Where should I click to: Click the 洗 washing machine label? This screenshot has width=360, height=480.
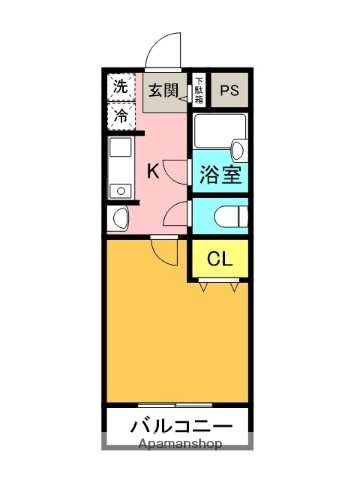pyautogui.click(x=121, y=87)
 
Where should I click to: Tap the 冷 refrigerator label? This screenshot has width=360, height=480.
pyautogui.click(x=121, y=116)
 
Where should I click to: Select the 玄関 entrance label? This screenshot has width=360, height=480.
pyautogui.click(x=164, y=90)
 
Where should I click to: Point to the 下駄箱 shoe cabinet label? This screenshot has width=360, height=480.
pyautogui.click(x=199, y=89)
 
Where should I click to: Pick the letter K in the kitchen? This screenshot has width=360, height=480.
pyautogui.click(x=153, y=170)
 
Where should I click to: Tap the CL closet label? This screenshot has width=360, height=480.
pyautogui.click(x=220, y=259)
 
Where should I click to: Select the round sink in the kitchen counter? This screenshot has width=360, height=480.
pyautogui.click(x=120, y=189)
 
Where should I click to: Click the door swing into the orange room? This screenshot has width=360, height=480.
pyautogui.click(x=164, y=249)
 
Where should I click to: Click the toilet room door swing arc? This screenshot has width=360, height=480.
pyautogui.click(x=177, y=212)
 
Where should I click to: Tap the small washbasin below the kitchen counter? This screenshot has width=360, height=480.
pyautogui.click(x=120, y=217)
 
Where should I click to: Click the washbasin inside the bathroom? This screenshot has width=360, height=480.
pyautogui.click(x=238, y=150)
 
